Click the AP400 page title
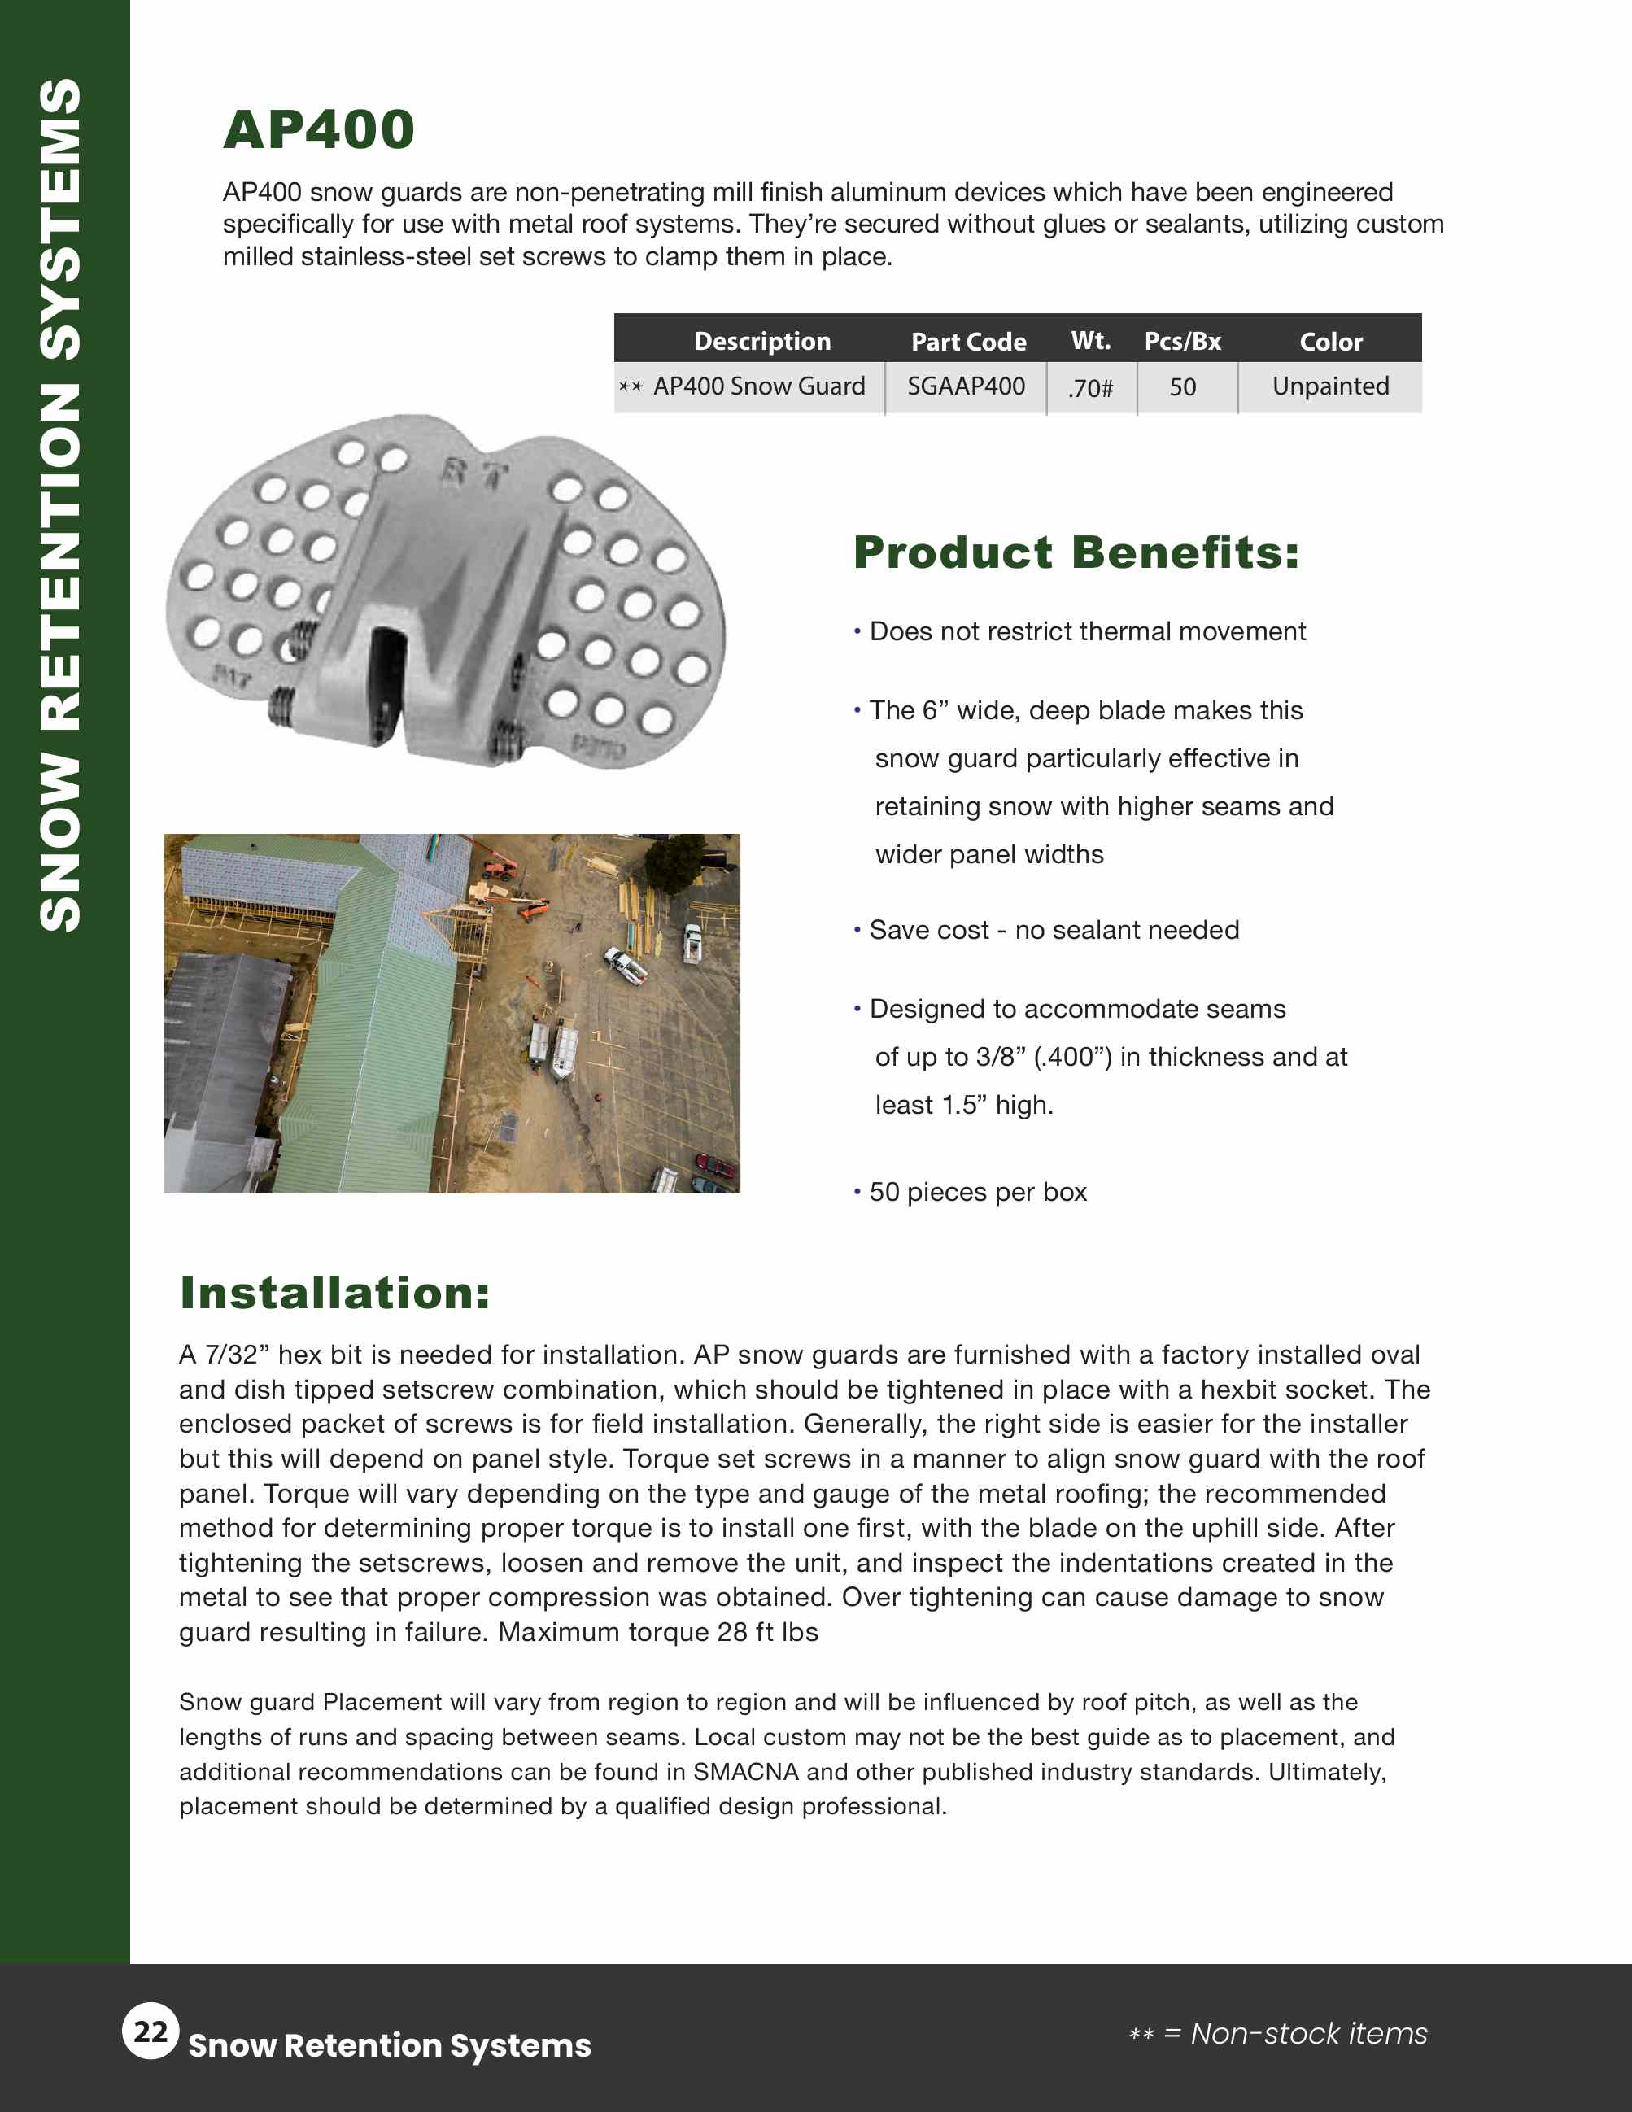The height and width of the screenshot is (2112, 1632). point(319,129)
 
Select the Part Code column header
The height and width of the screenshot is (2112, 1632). point(968,342)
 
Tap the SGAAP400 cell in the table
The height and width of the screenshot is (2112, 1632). point(965,386)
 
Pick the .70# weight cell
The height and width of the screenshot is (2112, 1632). point(1091,388)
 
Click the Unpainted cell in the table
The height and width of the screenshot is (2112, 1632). point(1329,386)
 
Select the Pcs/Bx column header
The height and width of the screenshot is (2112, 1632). point(1181,342)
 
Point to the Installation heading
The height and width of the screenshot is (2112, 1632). point(334,1293)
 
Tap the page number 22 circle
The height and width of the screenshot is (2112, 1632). point(151,2031)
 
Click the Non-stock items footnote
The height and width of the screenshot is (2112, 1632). point(1278,2033)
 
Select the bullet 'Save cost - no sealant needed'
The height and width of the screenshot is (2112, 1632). point(1053,929)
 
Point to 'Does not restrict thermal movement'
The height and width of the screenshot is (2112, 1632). point(1087,631)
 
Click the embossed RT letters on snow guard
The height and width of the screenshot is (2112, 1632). point(474,473)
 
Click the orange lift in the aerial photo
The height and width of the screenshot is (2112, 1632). point(530,909)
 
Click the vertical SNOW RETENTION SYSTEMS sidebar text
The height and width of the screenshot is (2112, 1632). point(61,504)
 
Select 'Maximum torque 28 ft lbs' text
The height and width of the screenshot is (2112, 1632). point(657,1631)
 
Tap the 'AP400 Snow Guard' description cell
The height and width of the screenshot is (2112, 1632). point(758,386)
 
